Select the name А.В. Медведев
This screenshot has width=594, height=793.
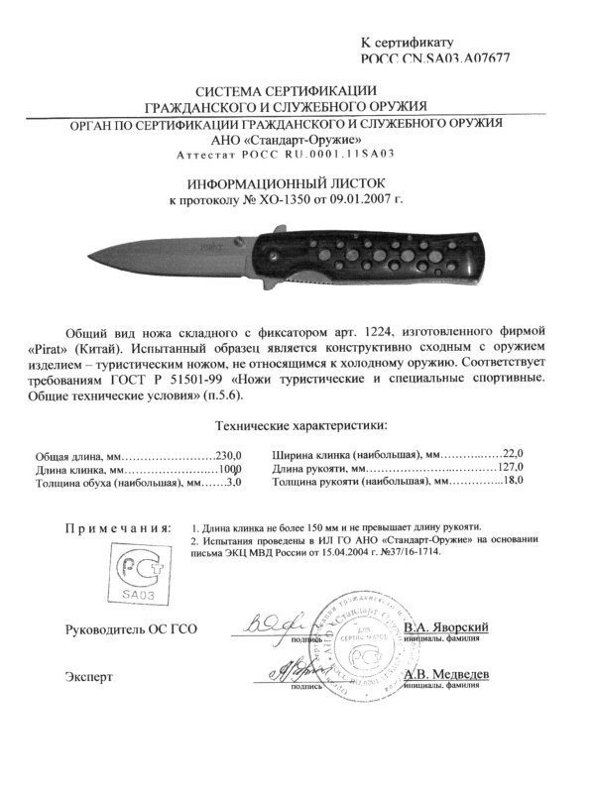point(445,673)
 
